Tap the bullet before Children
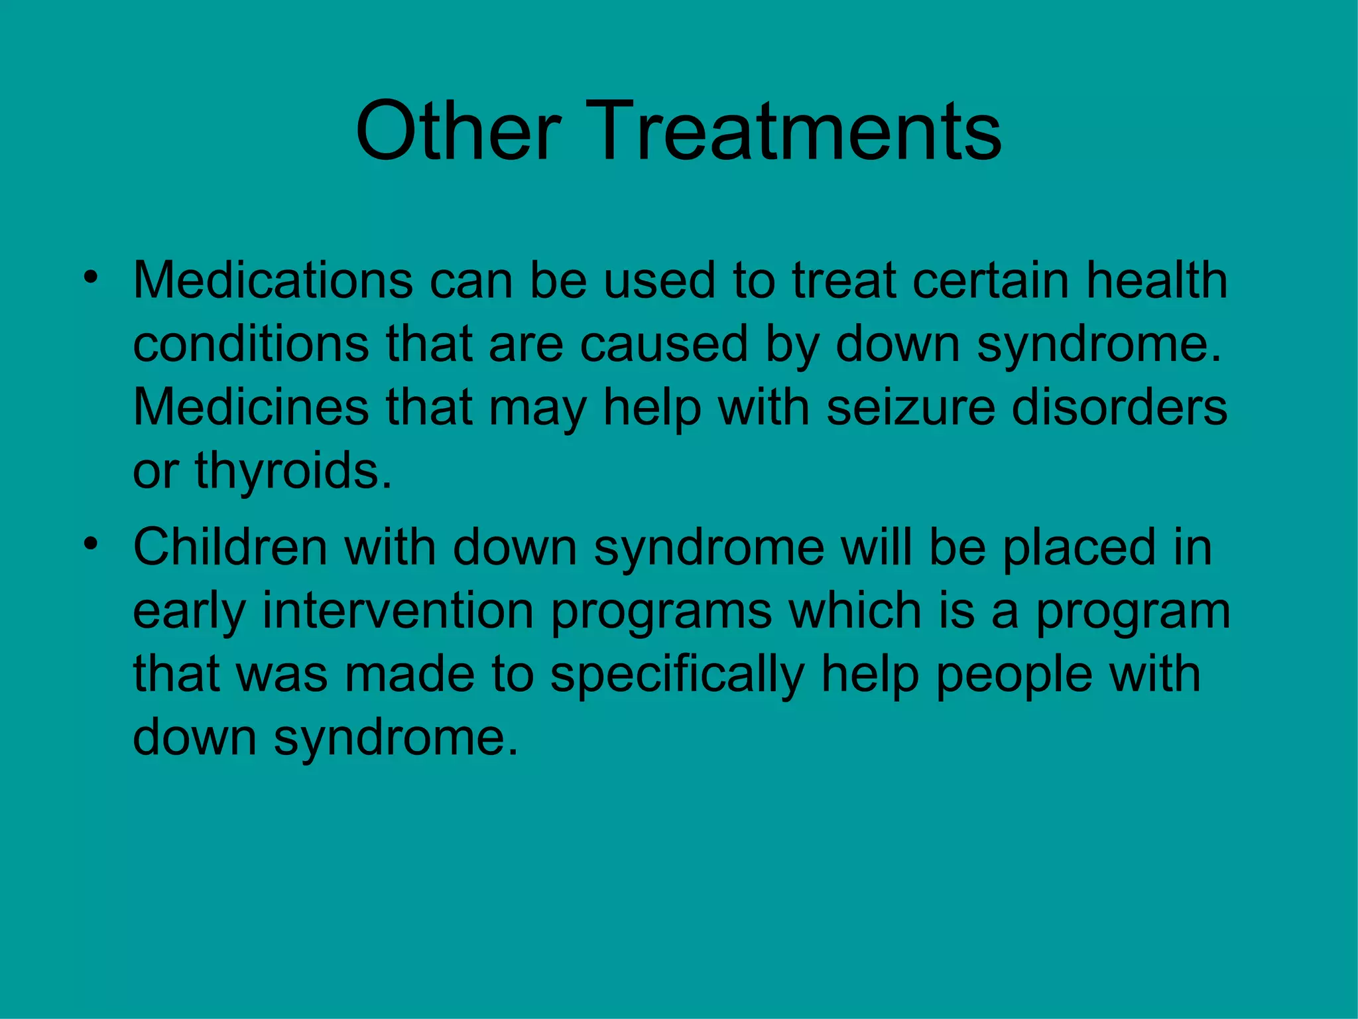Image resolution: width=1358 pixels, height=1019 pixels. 91,543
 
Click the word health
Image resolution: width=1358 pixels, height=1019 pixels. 1156,281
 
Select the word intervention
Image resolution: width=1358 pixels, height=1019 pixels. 398,610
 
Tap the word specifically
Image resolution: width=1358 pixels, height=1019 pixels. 677,675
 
